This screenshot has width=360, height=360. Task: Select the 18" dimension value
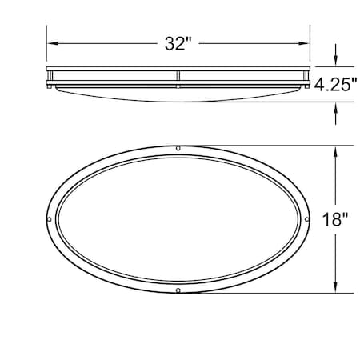[336, 219]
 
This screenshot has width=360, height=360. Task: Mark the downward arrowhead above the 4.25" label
[335, 62]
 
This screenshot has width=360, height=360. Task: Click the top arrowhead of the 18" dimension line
[335, 151]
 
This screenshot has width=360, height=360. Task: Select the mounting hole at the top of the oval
[178, 150]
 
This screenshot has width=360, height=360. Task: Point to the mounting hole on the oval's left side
[50, 219]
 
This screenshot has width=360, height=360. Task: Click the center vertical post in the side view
[178, 78]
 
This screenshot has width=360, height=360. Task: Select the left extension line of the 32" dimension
[46, 48]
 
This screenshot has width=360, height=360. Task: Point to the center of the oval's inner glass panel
[178, 219]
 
